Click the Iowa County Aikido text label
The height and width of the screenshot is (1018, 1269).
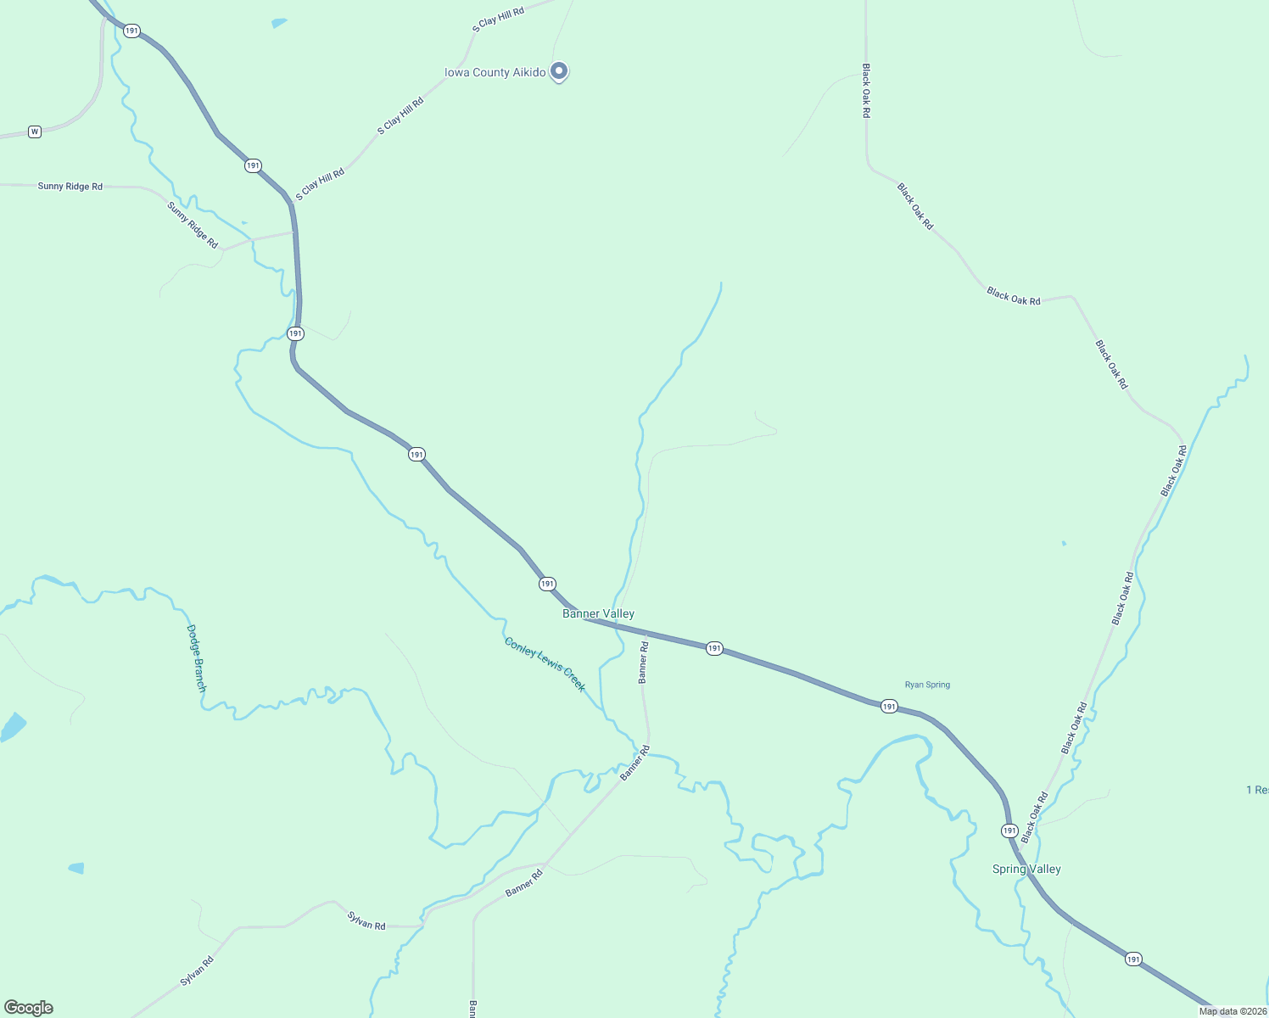click(x=495, y=73)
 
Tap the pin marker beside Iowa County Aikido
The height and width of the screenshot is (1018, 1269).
click(x=559, y=71)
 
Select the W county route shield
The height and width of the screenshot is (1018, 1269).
click(x=35, y=131)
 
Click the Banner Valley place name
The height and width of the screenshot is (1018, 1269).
click(x=598, y=613)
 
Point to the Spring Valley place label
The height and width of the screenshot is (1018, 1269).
click(x=1026, y=869)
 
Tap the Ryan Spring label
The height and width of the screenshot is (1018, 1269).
click(x=927, y=685)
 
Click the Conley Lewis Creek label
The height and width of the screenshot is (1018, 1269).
click(x=545, y=664)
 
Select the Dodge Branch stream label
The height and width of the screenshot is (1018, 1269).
click(x=196, y=658)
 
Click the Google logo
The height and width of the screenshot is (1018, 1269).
click(x=29, y=1008)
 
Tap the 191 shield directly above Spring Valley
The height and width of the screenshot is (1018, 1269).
click(x=1009, y=831)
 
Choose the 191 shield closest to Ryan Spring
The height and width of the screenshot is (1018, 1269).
click(x=889, y=706)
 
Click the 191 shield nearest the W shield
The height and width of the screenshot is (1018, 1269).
click(x=131, y=31)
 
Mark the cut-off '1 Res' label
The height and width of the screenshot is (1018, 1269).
click(x=1257, y=790)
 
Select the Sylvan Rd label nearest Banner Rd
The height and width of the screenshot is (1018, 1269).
click(x=366, y=920)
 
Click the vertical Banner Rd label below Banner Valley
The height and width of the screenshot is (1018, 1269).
click(x=643, y=663)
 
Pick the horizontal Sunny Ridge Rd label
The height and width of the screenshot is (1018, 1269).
click(x=70, y=186)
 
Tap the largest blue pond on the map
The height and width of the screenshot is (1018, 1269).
click(x=13, y=727)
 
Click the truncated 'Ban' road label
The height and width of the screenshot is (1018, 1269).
click(x=472, y=1009)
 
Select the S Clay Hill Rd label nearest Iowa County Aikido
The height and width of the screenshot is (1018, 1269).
click(x=400, y=116)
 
